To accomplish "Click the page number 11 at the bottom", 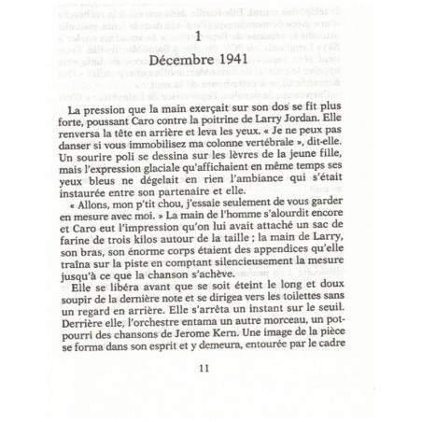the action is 206,392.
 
